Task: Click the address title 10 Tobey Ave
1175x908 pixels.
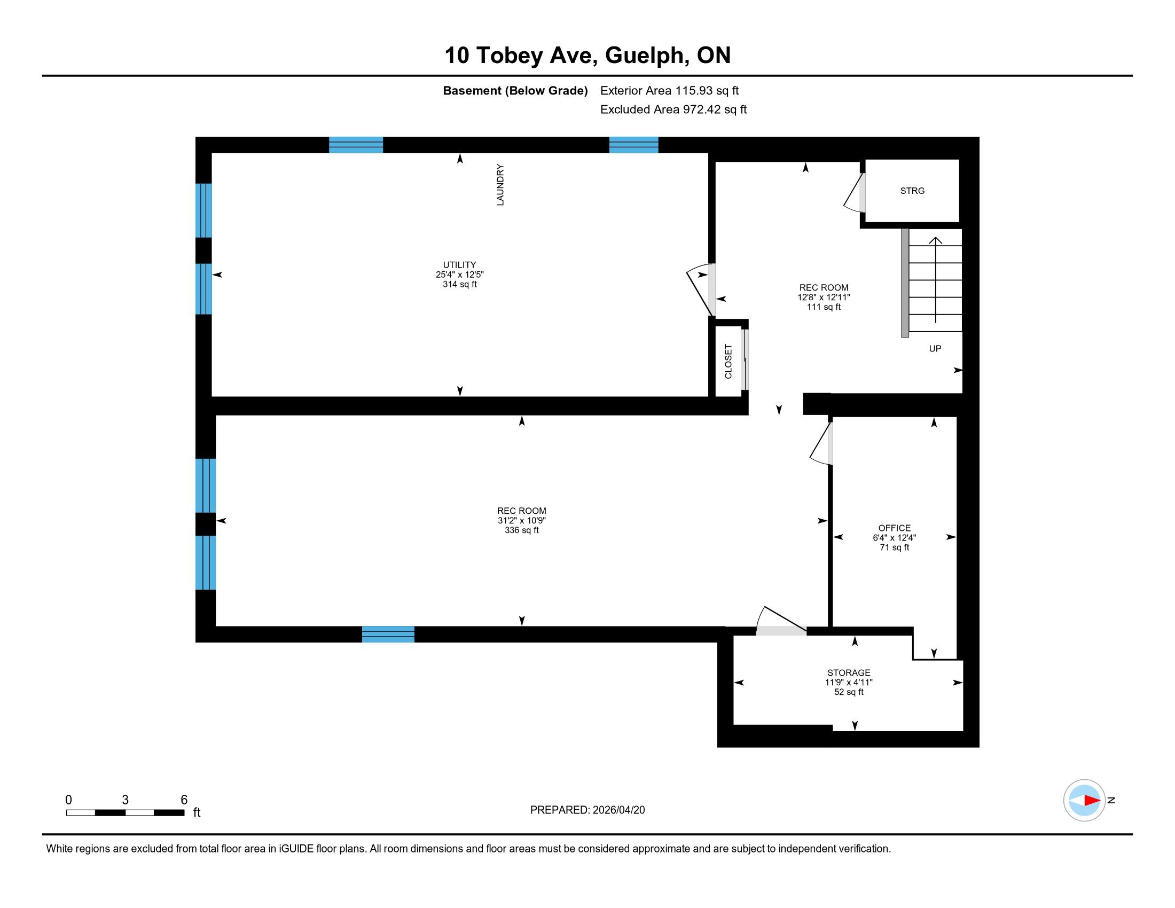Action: [521, 56]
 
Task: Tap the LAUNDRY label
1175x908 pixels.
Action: [500, 184]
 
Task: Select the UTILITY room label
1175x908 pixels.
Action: [459, 264]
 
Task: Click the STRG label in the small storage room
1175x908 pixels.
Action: [912, 191]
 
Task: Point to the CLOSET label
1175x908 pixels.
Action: [728, 362]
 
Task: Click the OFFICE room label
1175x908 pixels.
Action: [895, 528]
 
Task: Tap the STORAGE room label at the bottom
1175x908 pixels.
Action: [849, 672]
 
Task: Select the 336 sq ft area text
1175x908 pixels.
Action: [521, 530]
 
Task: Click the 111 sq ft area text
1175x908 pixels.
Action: [824, 307]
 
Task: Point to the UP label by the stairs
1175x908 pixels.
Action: [935, 349]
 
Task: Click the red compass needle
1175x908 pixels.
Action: [1092, 801]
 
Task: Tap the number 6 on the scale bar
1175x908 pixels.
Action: [184, 800]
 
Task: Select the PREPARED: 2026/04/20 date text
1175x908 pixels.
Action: [587, 810]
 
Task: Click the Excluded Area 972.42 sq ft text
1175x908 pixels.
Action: [673, 109]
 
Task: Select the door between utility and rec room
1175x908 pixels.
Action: [702, 291]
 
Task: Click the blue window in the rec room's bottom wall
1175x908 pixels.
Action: [388, 634]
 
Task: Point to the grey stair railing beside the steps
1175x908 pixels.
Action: [905, 283]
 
